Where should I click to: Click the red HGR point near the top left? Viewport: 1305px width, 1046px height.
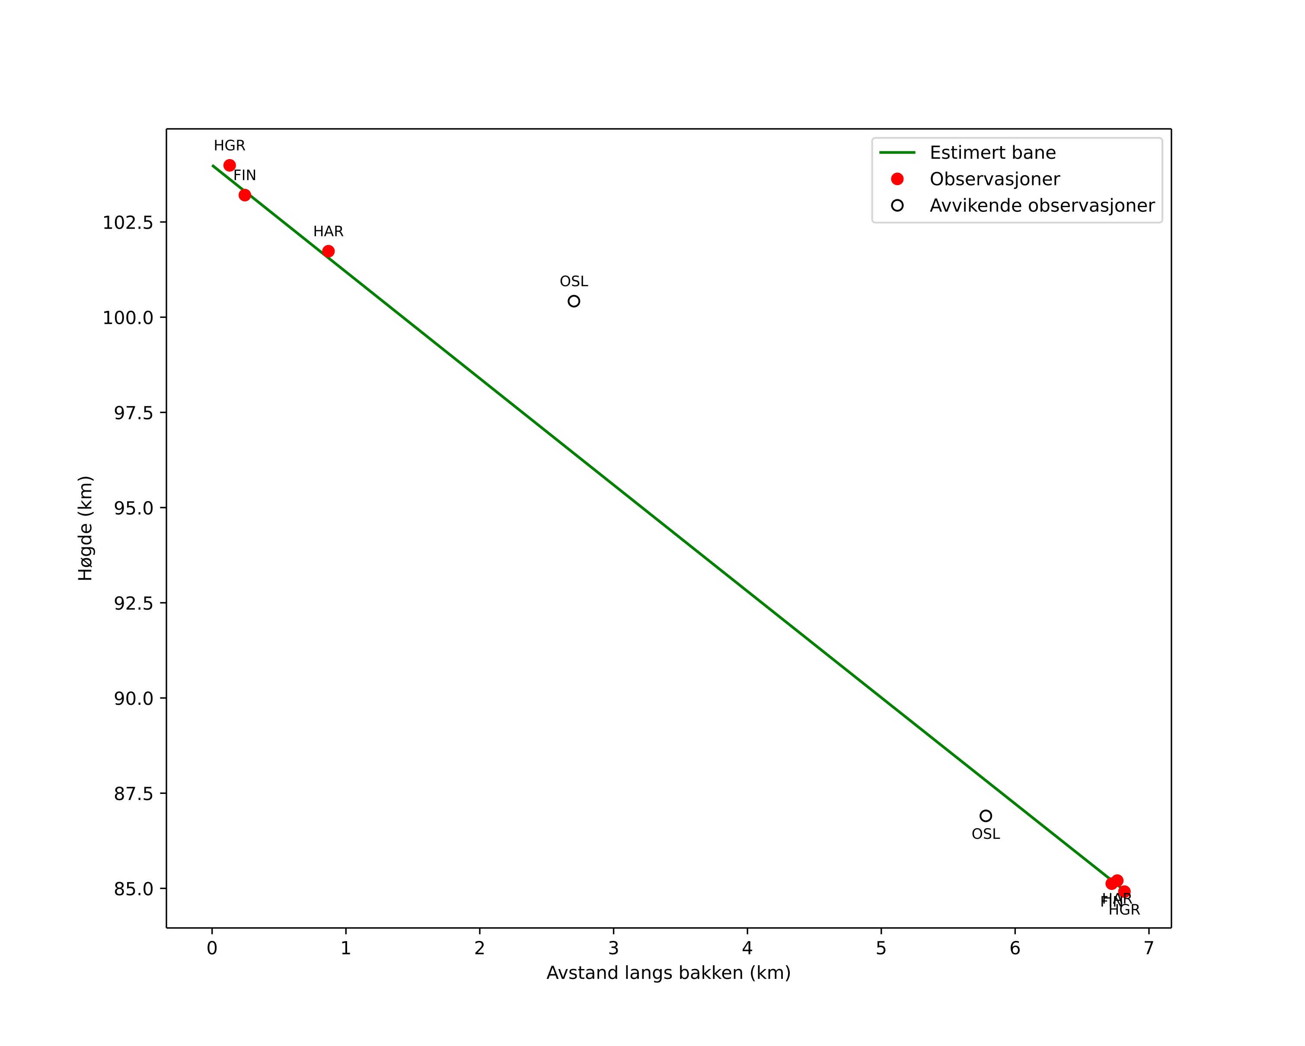point(230,165)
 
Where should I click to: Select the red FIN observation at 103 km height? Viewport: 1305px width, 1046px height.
point(245,195)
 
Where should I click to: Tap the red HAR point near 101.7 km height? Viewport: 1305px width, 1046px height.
point(328,251)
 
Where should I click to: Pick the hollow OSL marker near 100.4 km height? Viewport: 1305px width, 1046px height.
point(574,301)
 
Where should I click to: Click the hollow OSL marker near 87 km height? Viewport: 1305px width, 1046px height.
point(986,816)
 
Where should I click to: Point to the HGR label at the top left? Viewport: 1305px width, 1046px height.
point(230,146)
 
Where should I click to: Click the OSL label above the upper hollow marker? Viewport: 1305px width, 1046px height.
point(574,281)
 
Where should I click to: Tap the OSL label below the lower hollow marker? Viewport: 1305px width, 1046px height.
point(986,834)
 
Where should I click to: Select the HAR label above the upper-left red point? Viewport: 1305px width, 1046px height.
point(328,231)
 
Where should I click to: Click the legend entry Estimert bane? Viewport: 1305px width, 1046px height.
point(992,153)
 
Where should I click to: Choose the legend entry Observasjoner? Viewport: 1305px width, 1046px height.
point(995,179)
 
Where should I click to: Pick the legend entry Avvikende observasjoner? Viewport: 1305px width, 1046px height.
point(1042,206)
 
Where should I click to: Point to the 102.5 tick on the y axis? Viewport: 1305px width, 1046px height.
point(128,222)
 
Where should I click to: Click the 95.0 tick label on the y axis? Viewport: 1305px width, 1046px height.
point(134,508)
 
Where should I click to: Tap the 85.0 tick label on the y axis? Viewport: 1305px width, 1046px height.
point(134,889)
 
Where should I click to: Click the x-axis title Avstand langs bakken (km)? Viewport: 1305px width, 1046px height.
point(668,973)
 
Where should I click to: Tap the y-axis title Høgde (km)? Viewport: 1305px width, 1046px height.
point(85,528)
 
